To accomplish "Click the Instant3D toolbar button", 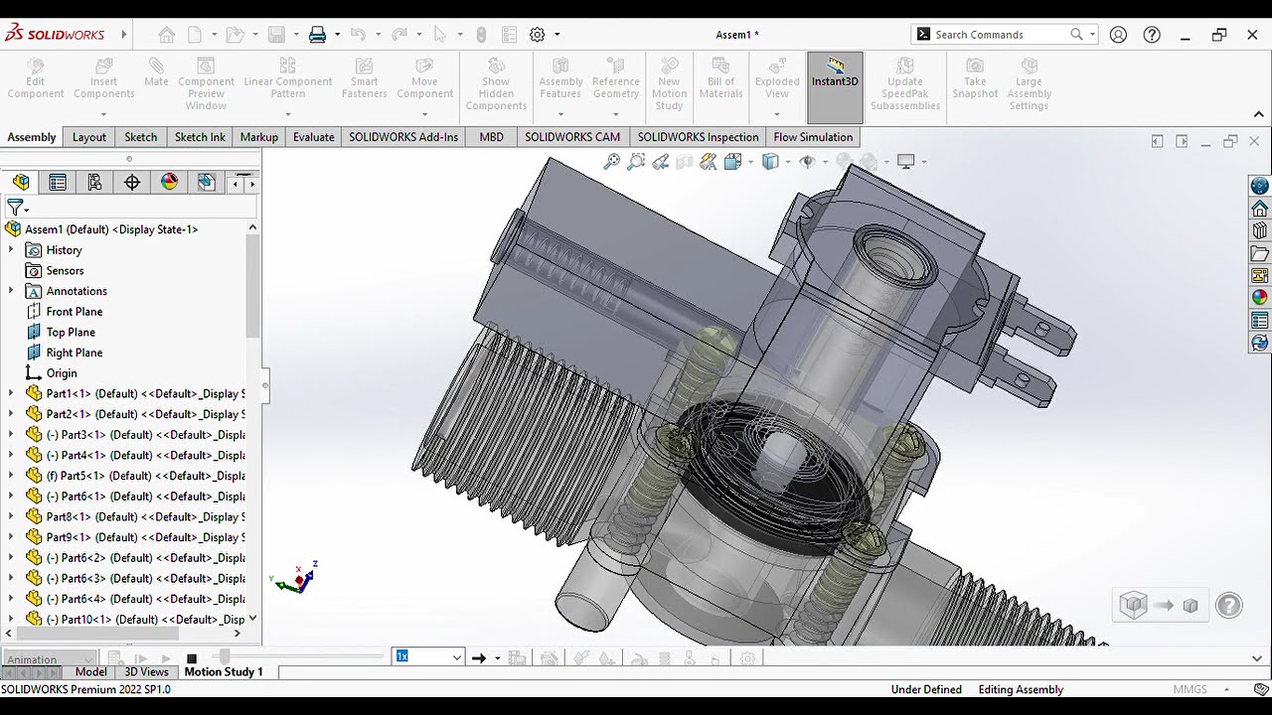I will [x=834, y=74].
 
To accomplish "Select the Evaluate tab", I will [x=313, y=137].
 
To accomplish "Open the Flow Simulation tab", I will [x=812, y=137].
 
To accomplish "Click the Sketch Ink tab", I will [x=200, y=137].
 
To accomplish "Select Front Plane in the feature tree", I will [x=74, y=312].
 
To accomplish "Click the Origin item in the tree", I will [x=61, y=373].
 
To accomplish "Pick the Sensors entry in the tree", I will [x=65, y=271].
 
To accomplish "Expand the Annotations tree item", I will [x=11, y=291].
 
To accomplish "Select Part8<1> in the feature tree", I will [x=139, y=517].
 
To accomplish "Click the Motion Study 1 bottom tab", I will [x=224, y=672].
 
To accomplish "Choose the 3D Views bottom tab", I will [x=146, y=672].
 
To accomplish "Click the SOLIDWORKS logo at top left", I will [x=56, y=34].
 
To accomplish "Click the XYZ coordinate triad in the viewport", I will [x=297, y=579].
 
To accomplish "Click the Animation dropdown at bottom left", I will [x=50, y=659].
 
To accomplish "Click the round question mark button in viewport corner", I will [x=1228, y=605].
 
